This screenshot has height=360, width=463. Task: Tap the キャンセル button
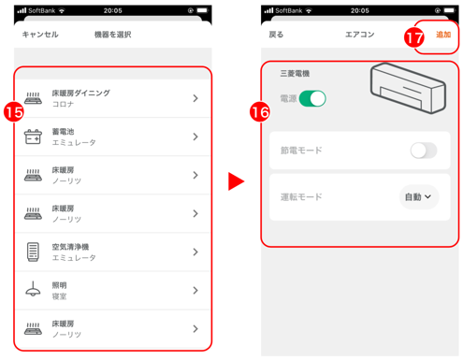point(40,35)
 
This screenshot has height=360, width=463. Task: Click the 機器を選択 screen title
point(113,35)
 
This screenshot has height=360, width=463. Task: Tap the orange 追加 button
point(443,35)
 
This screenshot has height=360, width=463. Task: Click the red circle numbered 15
point(14,112)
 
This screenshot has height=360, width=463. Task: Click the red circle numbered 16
point(260,112)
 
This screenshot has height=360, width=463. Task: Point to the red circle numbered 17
point(414,37)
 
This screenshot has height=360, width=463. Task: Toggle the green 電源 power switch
point(312,99)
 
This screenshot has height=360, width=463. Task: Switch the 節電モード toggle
point(424,151)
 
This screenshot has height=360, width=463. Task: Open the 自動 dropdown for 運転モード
point(419,197)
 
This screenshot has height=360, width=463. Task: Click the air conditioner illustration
point(408,88)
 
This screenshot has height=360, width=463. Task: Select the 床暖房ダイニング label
point(81,93)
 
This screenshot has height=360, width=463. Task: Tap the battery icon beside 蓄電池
point(33,137)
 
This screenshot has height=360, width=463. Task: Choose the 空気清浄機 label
point(70,247)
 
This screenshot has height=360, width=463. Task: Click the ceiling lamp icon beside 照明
point(33,289)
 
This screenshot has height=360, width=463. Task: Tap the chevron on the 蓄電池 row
point(195,137)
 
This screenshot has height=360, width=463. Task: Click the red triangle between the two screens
point(236,181)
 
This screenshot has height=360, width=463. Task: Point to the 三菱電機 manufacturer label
point(295,74)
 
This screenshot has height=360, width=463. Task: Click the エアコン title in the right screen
point(359,35)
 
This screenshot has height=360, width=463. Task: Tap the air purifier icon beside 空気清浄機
point(33,252)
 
